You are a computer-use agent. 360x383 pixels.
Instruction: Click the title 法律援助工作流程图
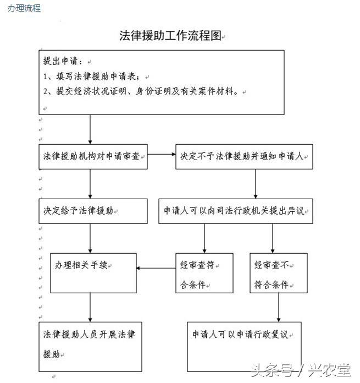point(170,36)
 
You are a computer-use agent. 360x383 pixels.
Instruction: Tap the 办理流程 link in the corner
point(24,8)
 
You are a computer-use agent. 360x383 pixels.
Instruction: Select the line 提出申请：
point(63,61)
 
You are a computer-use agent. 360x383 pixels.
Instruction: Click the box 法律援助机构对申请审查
point(93,157)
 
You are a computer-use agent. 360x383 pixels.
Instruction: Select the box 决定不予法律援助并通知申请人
point(244,157)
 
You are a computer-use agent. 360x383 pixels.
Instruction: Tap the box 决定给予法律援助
point(93,211)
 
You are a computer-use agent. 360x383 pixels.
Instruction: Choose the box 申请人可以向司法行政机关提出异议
point(236,211)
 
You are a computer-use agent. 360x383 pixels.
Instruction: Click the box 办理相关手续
point(93,272)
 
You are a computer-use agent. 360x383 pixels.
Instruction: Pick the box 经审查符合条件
point(204,273)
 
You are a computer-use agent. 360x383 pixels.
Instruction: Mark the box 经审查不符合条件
point(278,273)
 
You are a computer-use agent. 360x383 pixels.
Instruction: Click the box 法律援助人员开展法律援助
point(93,343)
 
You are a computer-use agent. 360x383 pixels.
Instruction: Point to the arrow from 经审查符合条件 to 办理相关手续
point(156,269)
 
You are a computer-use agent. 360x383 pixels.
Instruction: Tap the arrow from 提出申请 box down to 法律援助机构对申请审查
point(90,130)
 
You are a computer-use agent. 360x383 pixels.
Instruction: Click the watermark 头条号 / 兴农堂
point(301,369)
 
